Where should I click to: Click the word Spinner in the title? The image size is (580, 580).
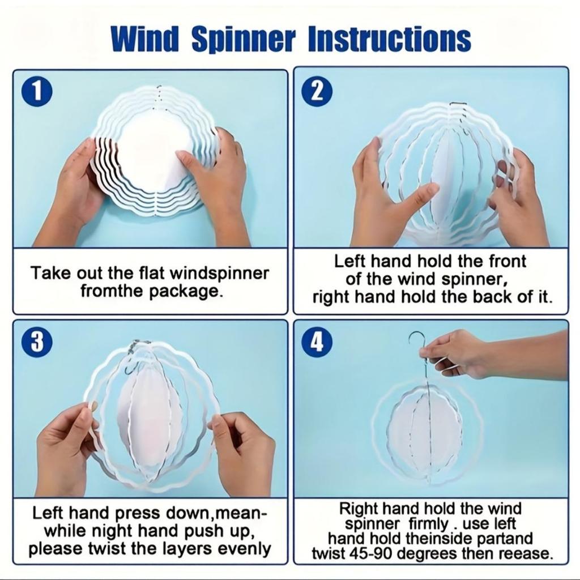click(x=244, y=40)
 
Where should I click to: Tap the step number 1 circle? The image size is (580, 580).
click(x=37, y=92)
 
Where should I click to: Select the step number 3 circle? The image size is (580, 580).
click(x=37, y=342)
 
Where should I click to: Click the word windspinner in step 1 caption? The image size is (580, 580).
click(x=220, y=274)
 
